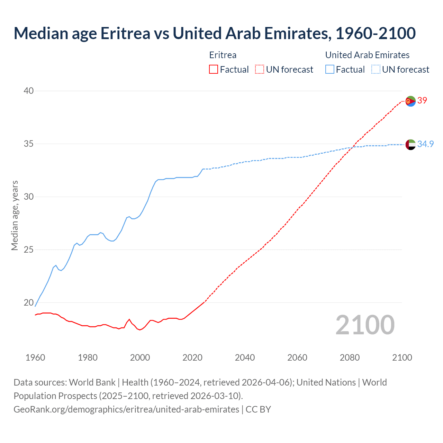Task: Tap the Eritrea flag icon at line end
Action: point(410,101)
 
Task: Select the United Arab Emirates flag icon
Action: point(410,144)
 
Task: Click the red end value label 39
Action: point(422,101)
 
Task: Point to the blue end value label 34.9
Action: point(425,144)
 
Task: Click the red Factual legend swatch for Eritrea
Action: point(214,70)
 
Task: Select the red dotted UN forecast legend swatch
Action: point(260,70)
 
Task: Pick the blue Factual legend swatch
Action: point(330,70)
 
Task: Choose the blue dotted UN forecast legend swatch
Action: point(376,70)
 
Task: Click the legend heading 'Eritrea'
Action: point(223,55)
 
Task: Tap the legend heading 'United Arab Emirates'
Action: point(367,55)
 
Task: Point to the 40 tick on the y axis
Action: point(28,91)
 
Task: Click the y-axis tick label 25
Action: point(28,250)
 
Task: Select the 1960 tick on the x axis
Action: point(35,358)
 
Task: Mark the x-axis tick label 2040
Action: point(245,358)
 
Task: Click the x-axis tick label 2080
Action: point(350,358)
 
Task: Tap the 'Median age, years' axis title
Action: point(15,215)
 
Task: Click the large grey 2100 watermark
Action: point(365,325)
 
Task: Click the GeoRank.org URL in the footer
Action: point(126,409)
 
